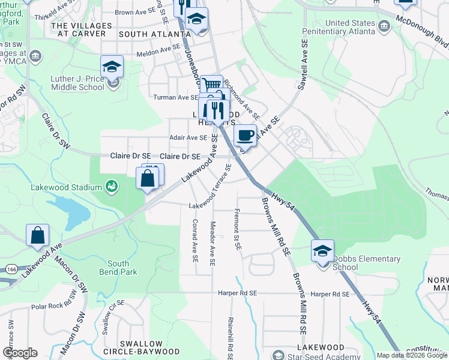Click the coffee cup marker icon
(x=245, y=135)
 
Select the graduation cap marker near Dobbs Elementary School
(x=322, y=250)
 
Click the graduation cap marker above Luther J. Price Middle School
(x=112, y=67)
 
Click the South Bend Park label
(x=122, y=268)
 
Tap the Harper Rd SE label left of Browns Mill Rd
(x=237, y=293)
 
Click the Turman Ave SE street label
(x=176, y=97)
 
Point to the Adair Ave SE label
(x=188, y=137)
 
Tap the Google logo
(x=20, y=353)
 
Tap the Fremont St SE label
(x=238, y=230)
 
